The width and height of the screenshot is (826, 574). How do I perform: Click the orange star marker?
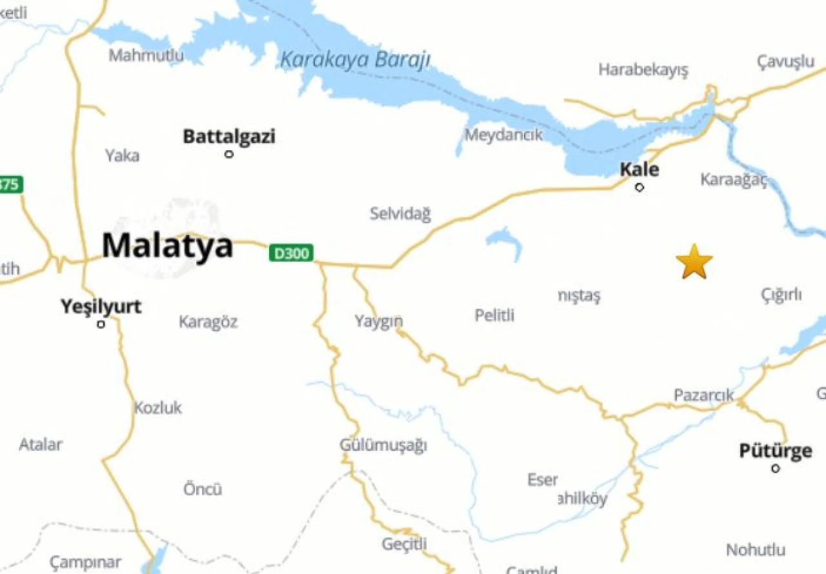694,261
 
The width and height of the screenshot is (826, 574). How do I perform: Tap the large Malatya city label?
167,246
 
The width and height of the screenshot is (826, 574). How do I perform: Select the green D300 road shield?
291,253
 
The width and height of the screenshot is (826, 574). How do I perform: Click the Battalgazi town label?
229,137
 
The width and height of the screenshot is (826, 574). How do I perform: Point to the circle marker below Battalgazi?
228,154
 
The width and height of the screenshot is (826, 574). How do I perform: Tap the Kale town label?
640,170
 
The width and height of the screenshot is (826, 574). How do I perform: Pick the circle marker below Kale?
640,188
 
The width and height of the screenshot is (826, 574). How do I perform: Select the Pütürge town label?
775,451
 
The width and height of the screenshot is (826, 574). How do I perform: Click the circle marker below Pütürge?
776,468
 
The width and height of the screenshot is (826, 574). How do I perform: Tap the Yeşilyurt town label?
101,306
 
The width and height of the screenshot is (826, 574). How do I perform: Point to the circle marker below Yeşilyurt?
101,324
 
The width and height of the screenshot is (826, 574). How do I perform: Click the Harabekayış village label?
643,70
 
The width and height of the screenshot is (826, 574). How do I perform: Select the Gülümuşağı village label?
383,446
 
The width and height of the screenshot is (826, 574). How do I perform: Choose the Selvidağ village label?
400,213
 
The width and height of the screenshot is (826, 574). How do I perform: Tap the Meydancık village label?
504,135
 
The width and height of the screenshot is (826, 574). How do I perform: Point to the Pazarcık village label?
704,395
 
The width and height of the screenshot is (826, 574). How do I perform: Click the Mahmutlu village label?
146,55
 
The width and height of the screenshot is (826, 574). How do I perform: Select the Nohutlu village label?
756,550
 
